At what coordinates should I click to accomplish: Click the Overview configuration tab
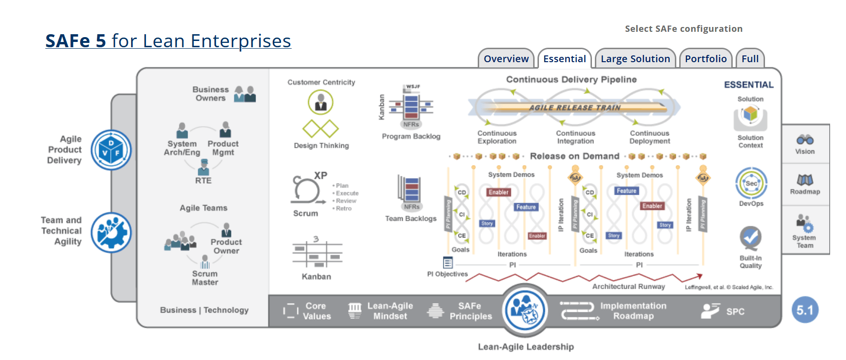tap(506, 59)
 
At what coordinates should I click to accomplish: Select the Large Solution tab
tap(635, 59)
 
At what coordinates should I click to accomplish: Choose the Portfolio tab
tap(706, 59)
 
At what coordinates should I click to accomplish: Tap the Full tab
tap(750, 59)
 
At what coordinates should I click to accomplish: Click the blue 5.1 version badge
tap(805, 310)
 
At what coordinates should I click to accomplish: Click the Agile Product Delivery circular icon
tap(111, 150)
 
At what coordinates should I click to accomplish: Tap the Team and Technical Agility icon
tap(111, 233)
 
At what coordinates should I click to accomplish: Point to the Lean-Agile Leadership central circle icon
tap(525, 310)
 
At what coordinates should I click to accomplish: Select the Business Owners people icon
tap(244, 93)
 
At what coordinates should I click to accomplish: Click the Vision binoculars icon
tap(805, 140)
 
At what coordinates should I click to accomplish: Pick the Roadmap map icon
tap(805, 180)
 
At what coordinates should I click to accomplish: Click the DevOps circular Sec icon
tap(751, 183)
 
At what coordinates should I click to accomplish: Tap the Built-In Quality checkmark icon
tap(751, 238)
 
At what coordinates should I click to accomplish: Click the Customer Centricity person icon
tap(321, 102)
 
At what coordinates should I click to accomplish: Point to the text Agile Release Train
tap(575, 107)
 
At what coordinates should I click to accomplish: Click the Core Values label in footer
tap(317, 311)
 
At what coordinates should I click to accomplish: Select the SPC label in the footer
tap(735, 311)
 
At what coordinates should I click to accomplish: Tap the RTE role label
tap(203, 181)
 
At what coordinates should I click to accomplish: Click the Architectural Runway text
tap(629, 286)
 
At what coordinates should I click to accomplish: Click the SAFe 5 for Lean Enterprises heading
tap(168, 41)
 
